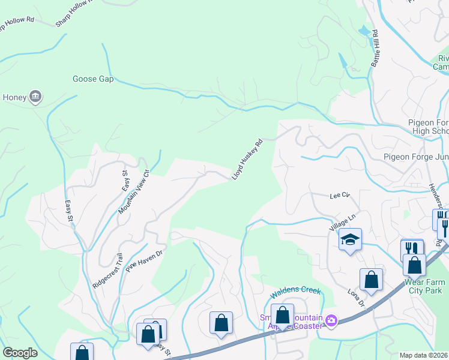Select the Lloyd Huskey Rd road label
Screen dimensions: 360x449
click(247, 160)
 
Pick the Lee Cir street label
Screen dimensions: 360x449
click(339, 196)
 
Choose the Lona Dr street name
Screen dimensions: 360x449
click(356, 298)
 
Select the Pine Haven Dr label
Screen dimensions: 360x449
click(145, 262)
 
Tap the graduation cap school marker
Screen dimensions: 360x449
click(350, 240)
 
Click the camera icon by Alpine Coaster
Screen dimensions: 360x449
click(331, 322)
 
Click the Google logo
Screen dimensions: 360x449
click(20, 353)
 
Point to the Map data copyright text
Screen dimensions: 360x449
click(423, 355)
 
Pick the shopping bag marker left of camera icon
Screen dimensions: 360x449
click(282, 315)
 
